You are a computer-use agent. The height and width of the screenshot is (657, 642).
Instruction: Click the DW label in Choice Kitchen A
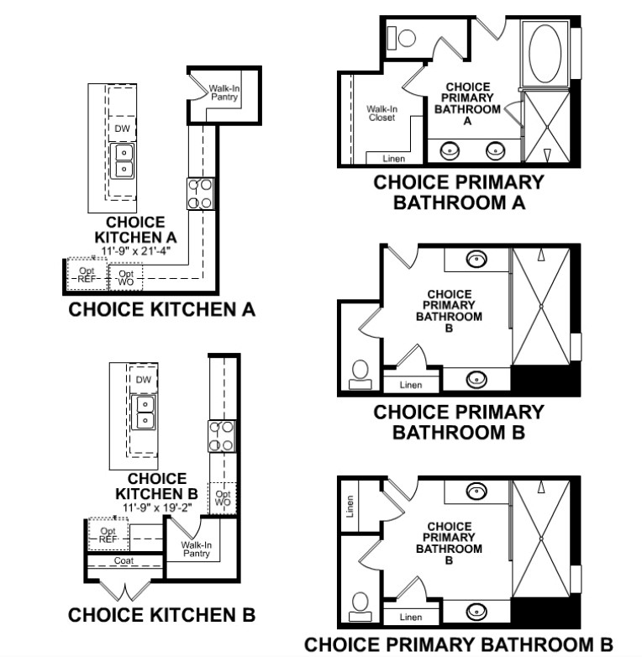click(x=122, y=129)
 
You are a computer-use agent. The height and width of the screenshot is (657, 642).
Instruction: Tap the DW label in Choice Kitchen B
click(x=144, y=380)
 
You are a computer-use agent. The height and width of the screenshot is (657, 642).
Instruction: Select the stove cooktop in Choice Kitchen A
click(x=200, y=193)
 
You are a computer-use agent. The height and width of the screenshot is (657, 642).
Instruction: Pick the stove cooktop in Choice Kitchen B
click(x=222, y=437)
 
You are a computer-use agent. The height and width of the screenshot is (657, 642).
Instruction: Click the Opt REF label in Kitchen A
click(x=87, y=275)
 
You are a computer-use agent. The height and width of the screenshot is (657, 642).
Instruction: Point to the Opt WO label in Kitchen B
click(x=223, y=497)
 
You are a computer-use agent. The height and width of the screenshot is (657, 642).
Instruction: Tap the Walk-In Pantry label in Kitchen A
click(x=224, y=92)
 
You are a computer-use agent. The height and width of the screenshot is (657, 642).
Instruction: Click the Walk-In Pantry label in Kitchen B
click(x=196, y=549)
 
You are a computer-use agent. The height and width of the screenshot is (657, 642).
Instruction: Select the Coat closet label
click(x=124, y=560)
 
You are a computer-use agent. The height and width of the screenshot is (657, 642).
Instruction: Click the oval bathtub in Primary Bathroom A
click(x=545, y=53)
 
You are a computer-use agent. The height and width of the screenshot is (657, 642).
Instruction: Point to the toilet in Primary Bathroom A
click(x=402, y=38)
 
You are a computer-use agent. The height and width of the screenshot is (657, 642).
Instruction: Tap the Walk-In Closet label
click(x=382, y=113)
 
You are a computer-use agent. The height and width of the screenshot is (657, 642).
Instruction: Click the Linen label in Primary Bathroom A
click(x=394, y=159)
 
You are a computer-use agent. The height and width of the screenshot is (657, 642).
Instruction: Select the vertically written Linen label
click(x=350, y=507)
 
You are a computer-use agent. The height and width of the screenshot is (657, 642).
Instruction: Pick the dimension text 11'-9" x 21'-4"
click(x=135, y=251)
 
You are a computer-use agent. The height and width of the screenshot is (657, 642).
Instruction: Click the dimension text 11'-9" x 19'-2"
click(x=157, y=507)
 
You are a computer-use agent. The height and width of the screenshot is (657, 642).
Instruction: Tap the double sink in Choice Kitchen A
click(x=124, y=161)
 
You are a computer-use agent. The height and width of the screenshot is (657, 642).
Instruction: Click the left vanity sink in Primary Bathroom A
click(x=450, y=150)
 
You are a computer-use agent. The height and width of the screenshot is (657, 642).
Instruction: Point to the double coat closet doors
click(x=124, y=590)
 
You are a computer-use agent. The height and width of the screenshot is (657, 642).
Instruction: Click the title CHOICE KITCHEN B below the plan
click(x=161, y=615)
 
